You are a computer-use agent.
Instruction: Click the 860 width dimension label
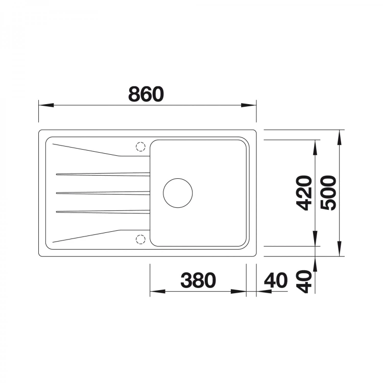tap(146, 94)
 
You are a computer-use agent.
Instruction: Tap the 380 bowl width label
tap(198, 280)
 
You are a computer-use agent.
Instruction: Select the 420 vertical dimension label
tap(304, 193)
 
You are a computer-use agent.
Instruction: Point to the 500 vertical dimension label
tap(328, 193)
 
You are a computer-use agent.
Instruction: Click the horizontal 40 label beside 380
tap(276, 280)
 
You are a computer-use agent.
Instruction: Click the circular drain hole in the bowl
tap(178, 193)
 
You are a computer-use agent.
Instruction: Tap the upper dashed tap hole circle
tap(140, 147)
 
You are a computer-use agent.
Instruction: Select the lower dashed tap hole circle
tap(140, 240)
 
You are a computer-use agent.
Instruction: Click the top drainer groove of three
tap(103, 174)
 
